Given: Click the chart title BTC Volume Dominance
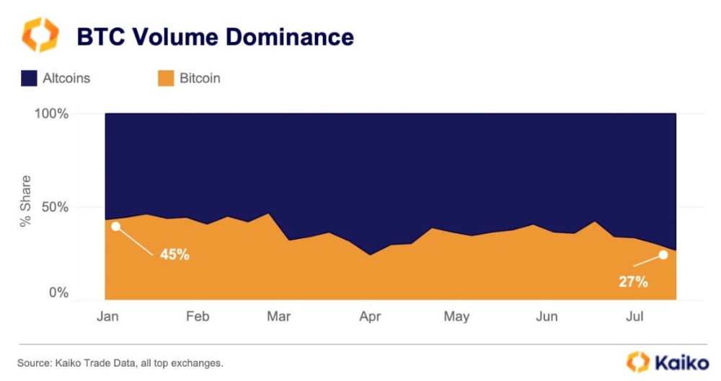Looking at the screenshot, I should [x=216, y=36].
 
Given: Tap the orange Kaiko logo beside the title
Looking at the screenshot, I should [x=40, y=35].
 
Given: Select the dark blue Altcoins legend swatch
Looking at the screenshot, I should [x=29, y=78].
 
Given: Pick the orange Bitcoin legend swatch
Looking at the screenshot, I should [x=166, y=78].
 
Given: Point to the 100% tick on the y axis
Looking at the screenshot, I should [x=50, y=114].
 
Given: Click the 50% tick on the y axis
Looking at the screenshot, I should [x=54, y=208].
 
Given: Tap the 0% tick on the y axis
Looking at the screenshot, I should [x=58, y=293].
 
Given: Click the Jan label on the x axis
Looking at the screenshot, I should [x=107, y=316].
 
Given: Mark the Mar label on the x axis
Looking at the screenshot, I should [x=278, y=316].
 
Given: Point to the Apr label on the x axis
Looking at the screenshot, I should [x=370, y=316].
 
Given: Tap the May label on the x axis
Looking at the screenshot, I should [x=456, y=316].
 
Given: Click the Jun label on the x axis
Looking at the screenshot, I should [x=547, y=316].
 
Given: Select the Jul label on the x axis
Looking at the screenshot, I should [x=634, y=316].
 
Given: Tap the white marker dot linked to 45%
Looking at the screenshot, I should [x=115, y=227].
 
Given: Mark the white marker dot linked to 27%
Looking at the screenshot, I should [x=663, y=255].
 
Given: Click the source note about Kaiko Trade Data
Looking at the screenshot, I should [x=120, y=362].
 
